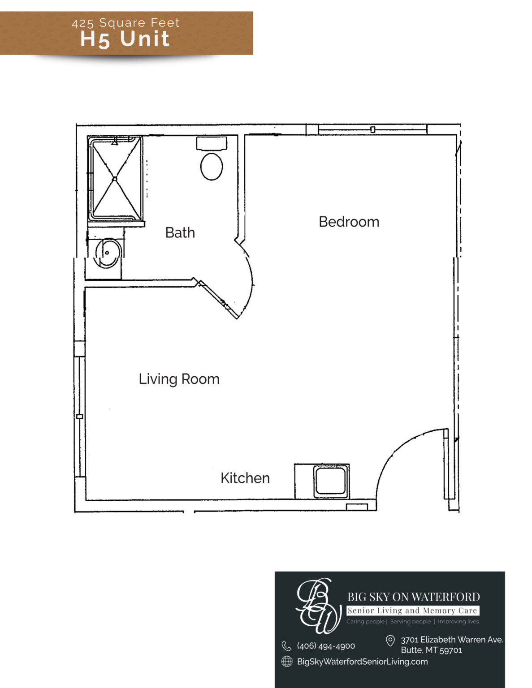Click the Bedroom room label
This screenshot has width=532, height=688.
(x=349, y=222)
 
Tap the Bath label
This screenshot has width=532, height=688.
(x=180, y=233)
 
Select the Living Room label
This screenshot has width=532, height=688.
(x=179, y=379)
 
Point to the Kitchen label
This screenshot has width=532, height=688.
(x=245, y=478)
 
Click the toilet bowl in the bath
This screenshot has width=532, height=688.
(x=212, y=167)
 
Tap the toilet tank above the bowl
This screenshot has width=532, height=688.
(x=212, y=143)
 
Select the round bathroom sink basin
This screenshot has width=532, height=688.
(x=108, y=253)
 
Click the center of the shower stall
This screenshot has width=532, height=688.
(x=115, y=179)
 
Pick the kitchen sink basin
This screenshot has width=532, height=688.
(x=331, y=481)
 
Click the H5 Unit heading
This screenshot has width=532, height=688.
(x=125, y=39)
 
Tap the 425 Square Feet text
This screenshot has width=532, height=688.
(x=125, y=23)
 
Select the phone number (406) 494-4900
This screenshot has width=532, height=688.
(x=326, y=646)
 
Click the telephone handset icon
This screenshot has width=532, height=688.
(x=286, y=646)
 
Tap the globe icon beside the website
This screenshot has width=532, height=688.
(x=287, y=662)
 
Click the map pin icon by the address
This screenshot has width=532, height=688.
(x=390, y=641)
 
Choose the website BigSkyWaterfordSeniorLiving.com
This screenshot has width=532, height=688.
(x=362, y=662)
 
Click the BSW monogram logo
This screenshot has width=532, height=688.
(x=318, y=606)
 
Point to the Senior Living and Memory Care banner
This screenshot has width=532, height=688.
(x=413, y=611)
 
